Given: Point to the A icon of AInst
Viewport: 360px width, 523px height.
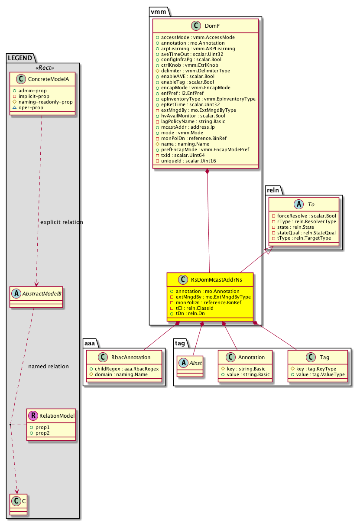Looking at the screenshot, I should point(183,357).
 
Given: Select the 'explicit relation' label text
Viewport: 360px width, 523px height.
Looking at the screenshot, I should point(61,222).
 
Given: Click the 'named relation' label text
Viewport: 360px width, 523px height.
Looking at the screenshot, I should point(48,367).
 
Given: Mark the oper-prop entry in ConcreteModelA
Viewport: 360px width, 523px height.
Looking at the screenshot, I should point(30,107).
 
